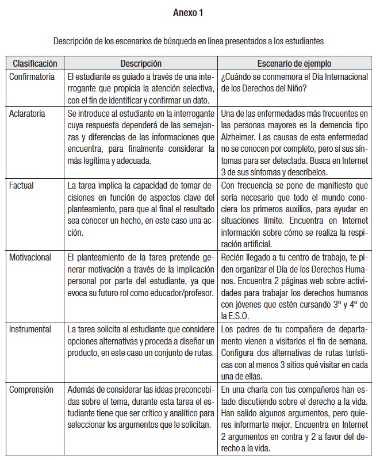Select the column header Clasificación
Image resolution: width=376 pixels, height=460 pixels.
[x=35, y=63]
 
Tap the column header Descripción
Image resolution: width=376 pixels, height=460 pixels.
[x=141, y=63]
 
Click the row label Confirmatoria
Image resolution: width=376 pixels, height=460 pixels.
[x=32, y=76]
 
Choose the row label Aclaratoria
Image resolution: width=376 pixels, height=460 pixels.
[x=27, y=113]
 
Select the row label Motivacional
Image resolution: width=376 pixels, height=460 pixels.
[x=30, y=257]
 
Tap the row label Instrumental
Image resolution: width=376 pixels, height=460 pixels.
[x=30, y=329]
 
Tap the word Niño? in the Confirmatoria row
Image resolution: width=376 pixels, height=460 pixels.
[x=295, y=89]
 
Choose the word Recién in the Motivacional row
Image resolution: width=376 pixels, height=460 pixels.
[x=233, y=257]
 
